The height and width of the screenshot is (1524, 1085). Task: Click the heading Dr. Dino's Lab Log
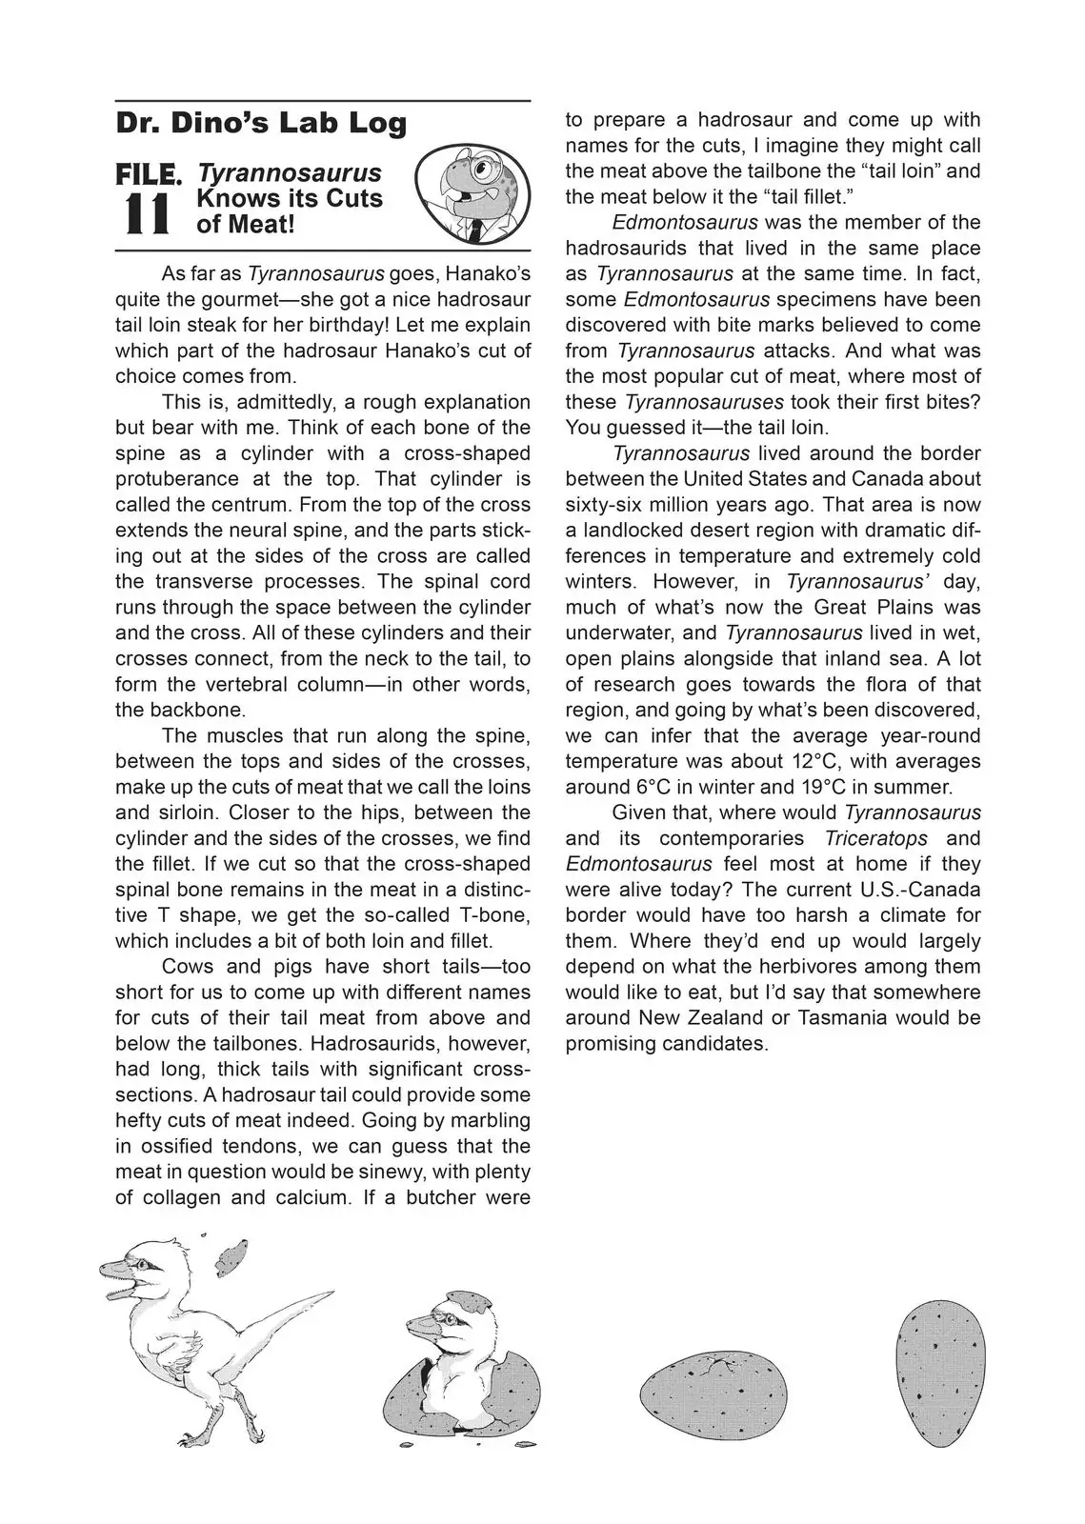[x=261, y=123]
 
